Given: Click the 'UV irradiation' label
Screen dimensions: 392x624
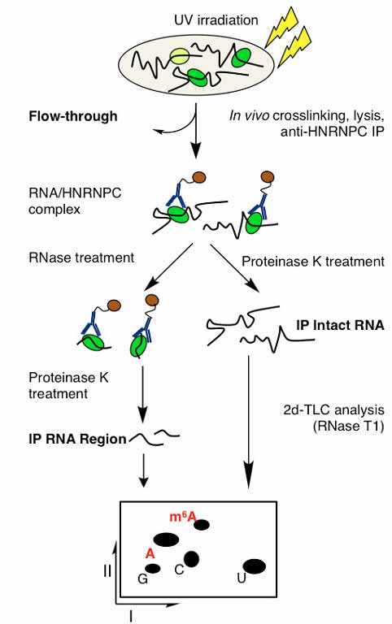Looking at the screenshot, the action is coord(216,19).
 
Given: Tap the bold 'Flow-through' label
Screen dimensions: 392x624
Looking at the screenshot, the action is coord(73,116).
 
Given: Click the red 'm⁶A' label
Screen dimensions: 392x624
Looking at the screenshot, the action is coord(183,517).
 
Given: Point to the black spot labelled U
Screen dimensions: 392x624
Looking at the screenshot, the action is coord(255,566).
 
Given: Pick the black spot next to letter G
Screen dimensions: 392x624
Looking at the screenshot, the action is coord(153,569).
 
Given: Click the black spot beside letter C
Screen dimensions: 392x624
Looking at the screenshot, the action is coord(191,559).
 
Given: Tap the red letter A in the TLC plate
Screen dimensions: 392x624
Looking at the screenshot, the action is coord(150,553).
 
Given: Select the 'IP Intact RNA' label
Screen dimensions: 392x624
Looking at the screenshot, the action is coord(340,325).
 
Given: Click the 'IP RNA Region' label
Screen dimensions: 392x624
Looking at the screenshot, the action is coord(77,439).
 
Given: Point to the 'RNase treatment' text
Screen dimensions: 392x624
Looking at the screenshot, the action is coord(81,258).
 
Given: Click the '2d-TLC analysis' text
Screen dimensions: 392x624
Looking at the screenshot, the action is coord(333,409).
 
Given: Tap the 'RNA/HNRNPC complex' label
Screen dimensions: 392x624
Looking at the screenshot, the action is coord(75,201).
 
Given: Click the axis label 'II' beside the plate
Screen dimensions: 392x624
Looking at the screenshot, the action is coord(107,571).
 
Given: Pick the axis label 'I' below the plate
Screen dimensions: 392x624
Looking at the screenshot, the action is coord(131,617).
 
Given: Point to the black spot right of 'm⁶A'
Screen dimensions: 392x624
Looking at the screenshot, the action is coord(202,525).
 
